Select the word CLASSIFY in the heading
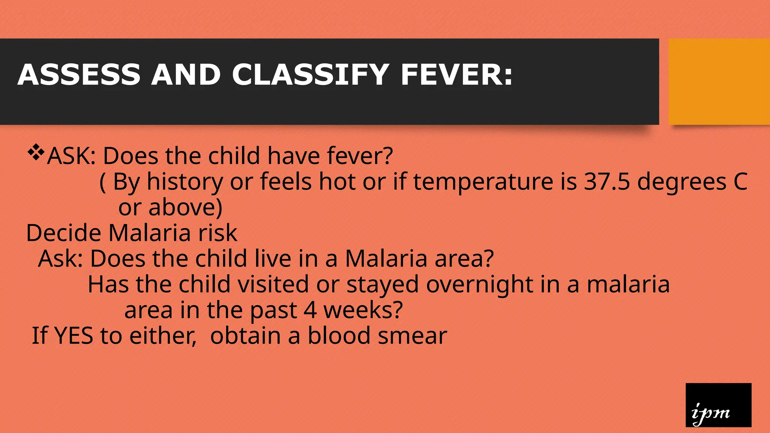coord(311,74)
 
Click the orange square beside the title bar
coord(719,82)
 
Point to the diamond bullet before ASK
coord(36,153)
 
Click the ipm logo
coord(718,405)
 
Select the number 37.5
coord(606,182)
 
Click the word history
coord(185,182)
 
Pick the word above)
coord(185,207)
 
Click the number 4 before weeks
coord(310,310)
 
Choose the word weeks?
coord(363,310)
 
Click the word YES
coord(74,336)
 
